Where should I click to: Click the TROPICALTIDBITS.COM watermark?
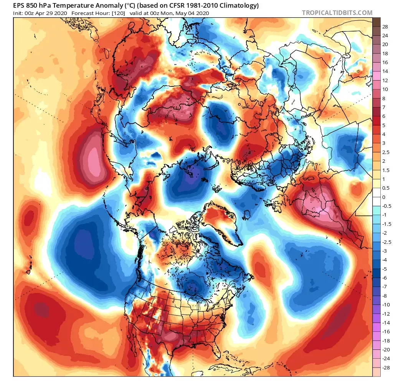click(337, 13)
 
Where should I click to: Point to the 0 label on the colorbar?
click(383, 197)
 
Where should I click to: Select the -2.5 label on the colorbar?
click(386, 242)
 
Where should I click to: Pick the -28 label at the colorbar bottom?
click(386, 367)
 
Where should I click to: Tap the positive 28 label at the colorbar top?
click(385, 27)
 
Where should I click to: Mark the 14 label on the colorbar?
click(385, 72)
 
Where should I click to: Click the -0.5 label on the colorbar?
click(386, 206)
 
